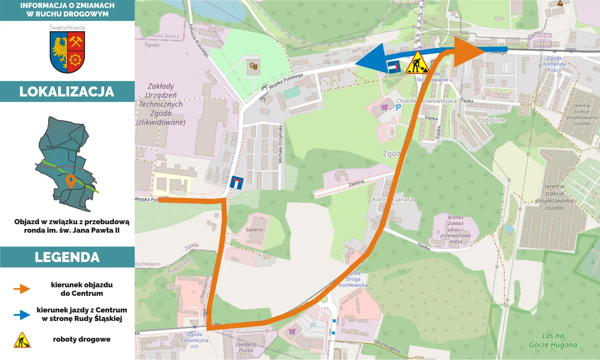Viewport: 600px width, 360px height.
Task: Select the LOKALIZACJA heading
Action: pos(67,92)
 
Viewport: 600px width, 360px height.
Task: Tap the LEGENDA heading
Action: pos(67,257)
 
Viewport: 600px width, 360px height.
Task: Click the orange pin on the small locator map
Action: pos(71,181)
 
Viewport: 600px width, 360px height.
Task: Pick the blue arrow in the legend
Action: pos(22,315)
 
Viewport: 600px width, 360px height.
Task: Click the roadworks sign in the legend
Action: pos(22,340)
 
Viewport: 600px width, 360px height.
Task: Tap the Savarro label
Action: pos(254,230)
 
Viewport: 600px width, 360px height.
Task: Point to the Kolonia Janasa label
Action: pos(393,199)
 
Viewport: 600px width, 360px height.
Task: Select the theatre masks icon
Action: pos(253,66)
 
